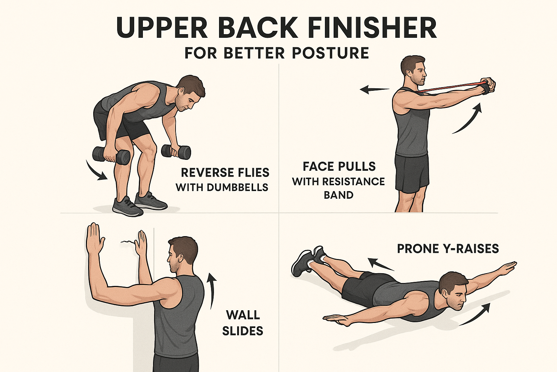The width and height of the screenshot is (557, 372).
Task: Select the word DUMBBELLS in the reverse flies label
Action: pos(237,187)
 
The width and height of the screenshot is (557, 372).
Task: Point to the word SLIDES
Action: pos(243,331)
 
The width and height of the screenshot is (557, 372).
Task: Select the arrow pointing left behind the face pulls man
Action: pos(375,89)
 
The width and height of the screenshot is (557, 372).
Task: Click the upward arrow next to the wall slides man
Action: pos(211,290)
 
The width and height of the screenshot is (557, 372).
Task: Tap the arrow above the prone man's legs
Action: pos(381,264)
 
